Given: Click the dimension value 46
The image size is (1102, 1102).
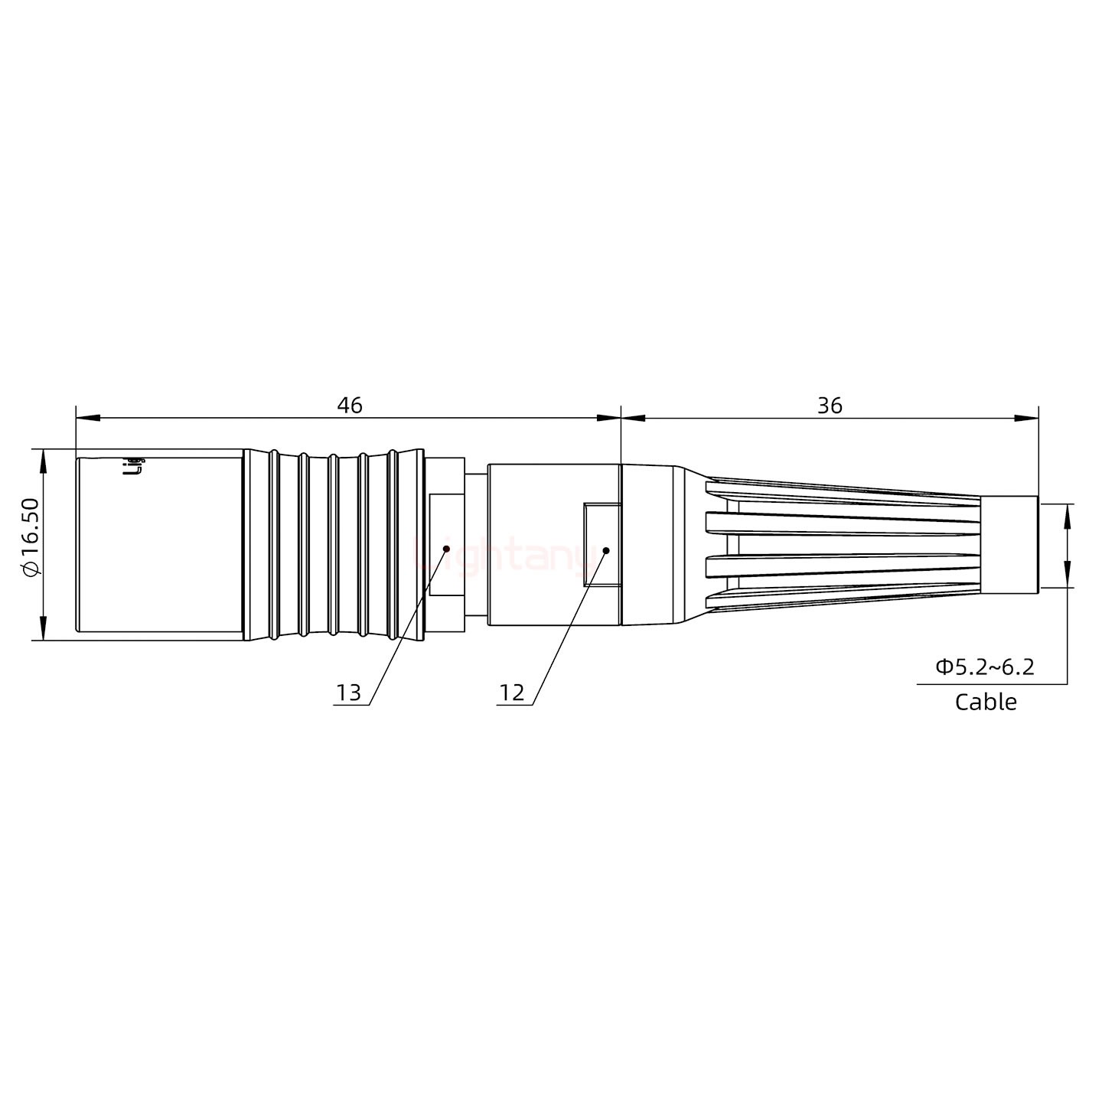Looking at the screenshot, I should [350, 406].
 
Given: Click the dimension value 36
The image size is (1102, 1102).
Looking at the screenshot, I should [830, 406].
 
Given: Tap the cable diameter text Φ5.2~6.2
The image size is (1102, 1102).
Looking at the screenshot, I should [984, 667].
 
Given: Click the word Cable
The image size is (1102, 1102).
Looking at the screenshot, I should [986, 702].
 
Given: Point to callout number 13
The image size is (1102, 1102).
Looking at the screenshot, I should [348, 693].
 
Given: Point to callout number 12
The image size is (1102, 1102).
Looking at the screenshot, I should [512, 693].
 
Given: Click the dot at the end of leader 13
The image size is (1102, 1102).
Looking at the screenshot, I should [446, 548].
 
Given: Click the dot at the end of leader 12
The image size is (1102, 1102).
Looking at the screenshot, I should [605, 549].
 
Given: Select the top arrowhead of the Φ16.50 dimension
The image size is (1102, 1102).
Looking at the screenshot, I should [43, 460].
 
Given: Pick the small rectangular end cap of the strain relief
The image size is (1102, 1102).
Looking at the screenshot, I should [1009, 545].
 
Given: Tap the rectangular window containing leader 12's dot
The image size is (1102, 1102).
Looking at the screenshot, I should [602, 545].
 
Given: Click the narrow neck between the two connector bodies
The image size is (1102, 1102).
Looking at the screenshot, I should [475, 545].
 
